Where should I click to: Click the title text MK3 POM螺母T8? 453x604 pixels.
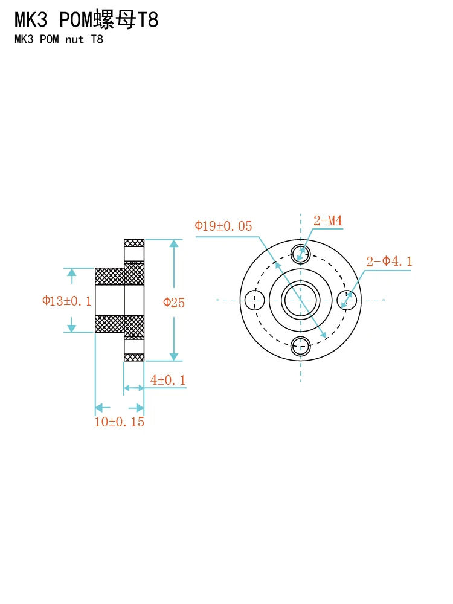[x=86, y=21]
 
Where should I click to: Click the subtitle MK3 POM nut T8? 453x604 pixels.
[x=59, y=40]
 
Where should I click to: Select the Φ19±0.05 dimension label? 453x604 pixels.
[x=223, y=226]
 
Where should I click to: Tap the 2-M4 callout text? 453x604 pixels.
[x=327, y=221]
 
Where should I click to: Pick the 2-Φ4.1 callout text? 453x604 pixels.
[x=389, y=262]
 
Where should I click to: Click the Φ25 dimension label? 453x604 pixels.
[x=174, y=303]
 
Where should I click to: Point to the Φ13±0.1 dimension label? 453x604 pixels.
[x=66, y=301]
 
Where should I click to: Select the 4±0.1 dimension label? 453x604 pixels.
[x=167, y=380]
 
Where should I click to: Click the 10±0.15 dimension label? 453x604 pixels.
[x=119, y=422]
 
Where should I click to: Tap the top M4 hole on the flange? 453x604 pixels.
[x=300, y=252]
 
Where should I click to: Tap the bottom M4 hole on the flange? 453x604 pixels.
[x=300, y=346]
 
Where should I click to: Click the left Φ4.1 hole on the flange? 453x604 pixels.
[x=254, y=299]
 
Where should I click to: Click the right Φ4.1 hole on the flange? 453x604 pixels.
[x=347, y=299]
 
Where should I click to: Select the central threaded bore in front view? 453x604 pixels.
[x=300, y=299]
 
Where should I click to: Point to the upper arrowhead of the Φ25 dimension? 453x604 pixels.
[x=174, y=243]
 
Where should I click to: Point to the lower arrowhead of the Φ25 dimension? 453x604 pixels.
[x=174, y=356]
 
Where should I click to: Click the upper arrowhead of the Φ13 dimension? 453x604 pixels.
[x=72, y=272]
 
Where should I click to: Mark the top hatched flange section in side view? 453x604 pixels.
[x=134, y=243]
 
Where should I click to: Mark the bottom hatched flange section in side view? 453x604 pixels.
[x=134, y=357]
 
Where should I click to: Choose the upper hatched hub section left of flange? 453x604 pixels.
[x=109, y=276]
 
